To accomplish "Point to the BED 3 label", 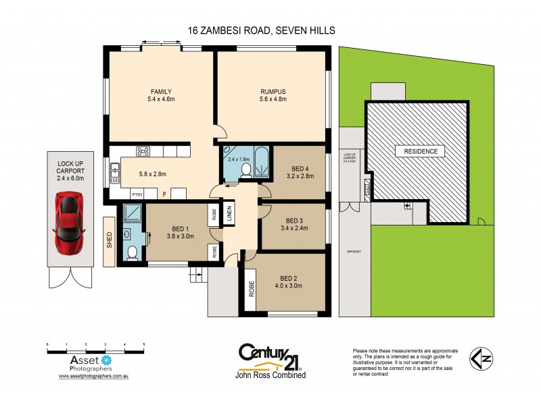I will tap(293, 221).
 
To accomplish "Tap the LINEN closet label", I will tap(229, 211).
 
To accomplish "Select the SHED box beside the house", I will tap(110, 240).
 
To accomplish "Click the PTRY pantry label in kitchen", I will tap(137, 194).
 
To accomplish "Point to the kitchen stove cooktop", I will tap(143, 151).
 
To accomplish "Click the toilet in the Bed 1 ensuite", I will tap(133, 252).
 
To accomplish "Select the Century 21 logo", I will tap(269, 357).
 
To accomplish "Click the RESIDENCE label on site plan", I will tap(420, 152).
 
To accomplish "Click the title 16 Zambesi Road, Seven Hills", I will tap(261, 30).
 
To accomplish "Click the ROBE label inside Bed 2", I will tap(251, 288).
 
